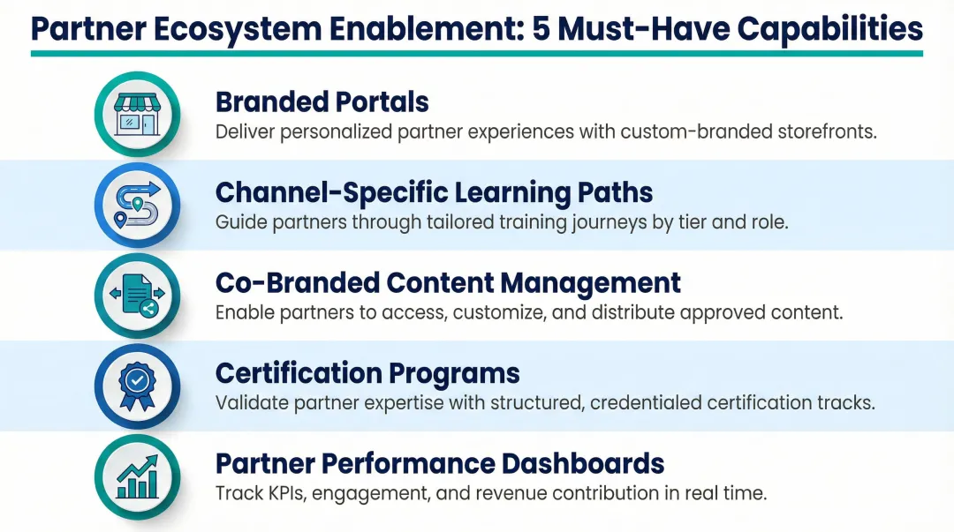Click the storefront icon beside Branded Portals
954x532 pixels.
pos(137,114)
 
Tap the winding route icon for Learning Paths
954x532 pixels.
pos(137,204)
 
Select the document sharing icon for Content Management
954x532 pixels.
pos(137,296)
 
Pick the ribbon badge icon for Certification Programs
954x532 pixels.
pos(137,386)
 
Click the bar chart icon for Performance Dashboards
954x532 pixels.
pos(137,477)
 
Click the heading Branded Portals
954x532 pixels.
pos(322,102)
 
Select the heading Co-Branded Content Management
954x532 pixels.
pos(448,283)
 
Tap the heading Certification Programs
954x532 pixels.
pos(367,373)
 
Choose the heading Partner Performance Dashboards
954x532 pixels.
pos(440,463)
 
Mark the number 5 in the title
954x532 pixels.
pos(542,28)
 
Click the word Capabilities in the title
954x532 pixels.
pos(829,28)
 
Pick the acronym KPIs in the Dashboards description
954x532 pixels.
pos(284,493)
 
